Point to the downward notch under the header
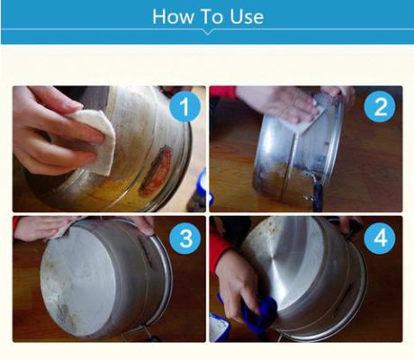pos(207,33)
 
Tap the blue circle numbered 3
pos(184,238)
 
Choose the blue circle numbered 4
pos(380,238)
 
